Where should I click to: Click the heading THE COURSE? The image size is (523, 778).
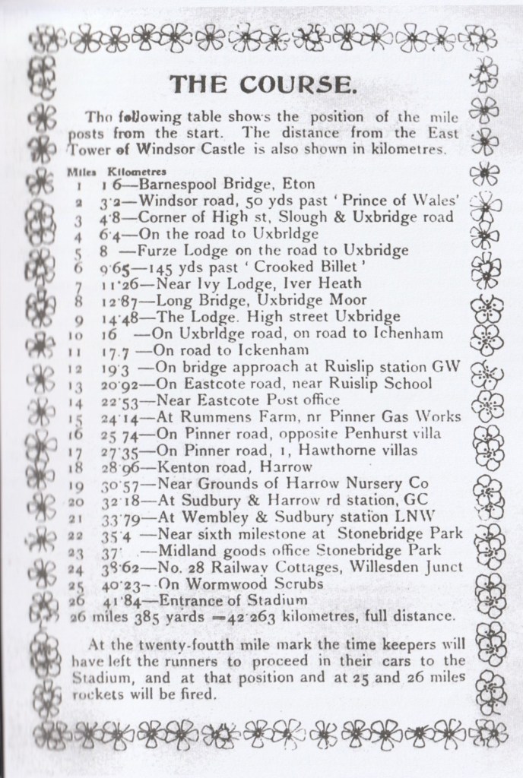260,82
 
